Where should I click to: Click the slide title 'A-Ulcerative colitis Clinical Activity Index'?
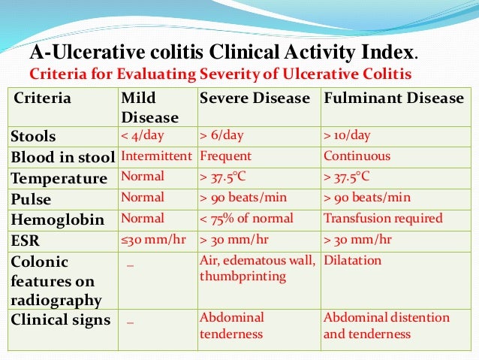[221, 54]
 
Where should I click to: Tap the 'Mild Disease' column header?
[149, 107]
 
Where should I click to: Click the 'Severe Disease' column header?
[255, 98]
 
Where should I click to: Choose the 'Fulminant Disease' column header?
[393, 98]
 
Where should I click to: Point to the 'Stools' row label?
[33, 137]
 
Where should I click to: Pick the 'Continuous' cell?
[357, 157]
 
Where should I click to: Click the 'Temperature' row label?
[59, 178]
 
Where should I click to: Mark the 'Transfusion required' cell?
[383, 219]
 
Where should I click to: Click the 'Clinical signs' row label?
[60, 319]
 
